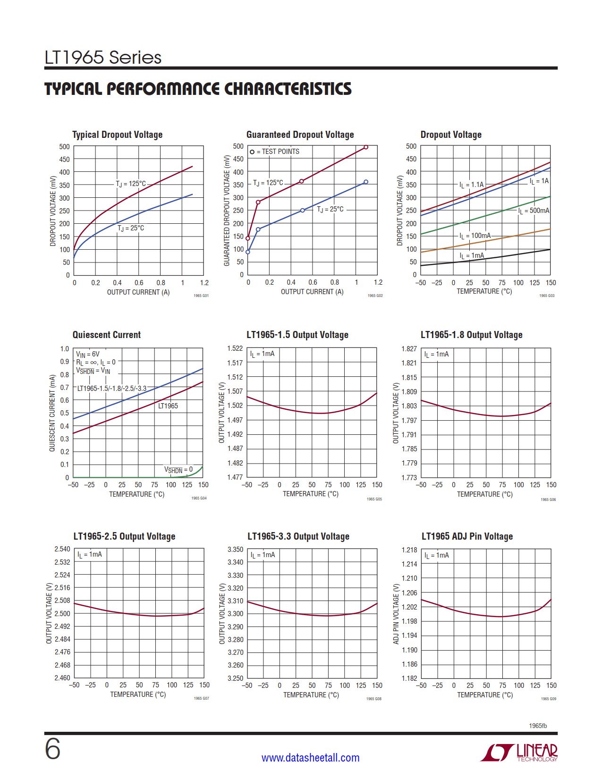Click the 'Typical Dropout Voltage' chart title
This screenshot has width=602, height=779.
117,135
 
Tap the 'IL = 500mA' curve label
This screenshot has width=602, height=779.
534,211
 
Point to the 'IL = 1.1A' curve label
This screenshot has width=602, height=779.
471,185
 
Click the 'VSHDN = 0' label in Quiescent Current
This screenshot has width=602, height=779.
178,470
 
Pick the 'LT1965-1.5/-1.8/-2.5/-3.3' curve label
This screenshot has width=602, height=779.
112,389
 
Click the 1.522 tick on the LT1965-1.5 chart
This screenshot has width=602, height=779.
235,348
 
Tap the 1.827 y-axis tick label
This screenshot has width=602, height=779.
409,349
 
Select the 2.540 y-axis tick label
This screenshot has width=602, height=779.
62,549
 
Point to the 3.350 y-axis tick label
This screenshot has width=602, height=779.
235,550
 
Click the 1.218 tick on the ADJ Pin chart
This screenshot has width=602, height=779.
409,550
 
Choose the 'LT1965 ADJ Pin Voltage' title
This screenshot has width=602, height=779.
467,536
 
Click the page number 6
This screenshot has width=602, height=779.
52,749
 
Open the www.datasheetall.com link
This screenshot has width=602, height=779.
310,758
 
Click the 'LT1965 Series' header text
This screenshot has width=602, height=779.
103,58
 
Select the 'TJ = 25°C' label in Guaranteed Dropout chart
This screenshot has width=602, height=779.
330,209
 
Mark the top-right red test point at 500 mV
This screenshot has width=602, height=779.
366,147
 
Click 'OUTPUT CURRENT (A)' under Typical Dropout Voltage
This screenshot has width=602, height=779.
138,292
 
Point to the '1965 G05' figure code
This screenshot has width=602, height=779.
374,499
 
